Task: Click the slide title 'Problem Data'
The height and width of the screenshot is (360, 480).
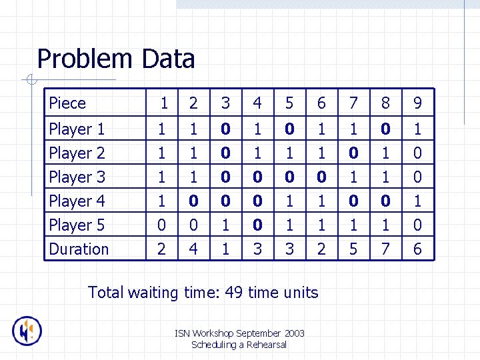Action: click(x=116, y=59)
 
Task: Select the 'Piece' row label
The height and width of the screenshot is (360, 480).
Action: click(x=67, y=103)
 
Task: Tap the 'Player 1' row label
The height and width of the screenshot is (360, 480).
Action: click(x=77, y=129)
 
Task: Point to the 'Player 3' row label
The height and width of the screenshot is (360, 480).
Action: click(x=77, y=177)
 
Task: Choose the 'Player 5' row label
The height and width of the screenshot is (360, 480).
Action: click(x=77, y=225)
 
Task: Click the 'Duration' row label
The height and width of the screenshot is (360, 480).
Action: click(x=79, y=249)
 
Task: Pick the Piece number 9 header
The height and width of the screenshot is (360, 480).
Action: click(x=417, y=103)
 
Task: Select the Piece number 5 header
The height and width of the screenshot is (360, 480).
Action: click(x=289, y=103)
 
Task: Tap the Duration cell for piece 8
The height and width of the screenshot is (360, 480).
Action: click(x=385, y=249)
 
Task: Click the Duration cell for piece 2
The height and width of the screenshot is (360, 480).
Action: click(x=193, y=249)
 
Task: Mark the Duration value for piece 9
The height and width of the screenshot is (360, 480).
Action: click(x=417, y=249)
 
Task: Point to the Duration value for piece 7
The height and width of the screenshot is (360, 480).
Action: click(x=353, y=249)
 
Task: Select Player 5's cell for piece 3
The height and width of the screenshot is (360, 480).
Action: click(x=225, y=225)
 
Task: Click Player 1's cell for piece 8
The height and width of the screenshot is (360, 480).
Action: click(x=385, y=129)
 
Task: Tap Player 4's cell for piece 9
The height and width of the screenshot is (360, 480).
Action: click(x=417, y=201)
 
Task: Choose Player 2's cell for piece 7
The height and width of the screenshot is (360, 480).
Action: click(x=353, y=153)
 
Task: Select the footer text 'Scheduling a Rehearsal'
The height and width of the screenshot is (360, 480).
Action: click(x=239, y=345)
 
